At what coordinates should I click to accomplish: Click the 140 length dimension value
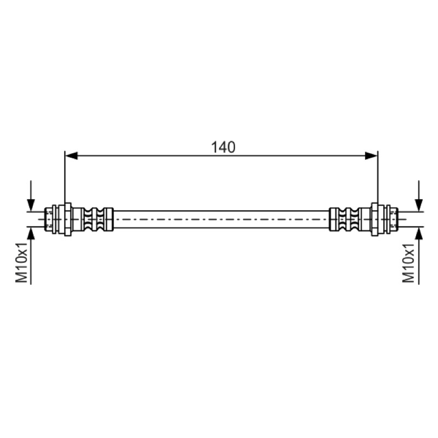pos(223,147)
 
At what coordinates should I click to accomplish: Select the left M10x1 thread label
pos(21,262)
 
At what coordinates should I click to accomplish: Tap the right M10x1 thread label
pos(408,262)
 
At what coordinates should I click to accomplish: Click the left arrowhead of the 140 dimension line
pos(71,156)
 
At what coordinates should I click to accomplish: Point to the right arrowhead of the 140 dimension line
pos(371,156)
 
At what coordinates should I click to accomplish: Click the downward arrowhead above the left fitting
pos(31,205)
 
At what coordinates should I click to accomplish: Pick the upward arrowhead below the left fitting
pos(31,233)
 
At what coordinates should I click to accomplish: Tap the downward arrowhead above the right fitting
pos(419,205)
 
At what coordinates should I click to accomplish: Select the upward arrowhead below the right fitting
pos(419,233)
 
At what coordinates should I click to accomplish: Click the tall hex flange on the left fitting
pos(68,220)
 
